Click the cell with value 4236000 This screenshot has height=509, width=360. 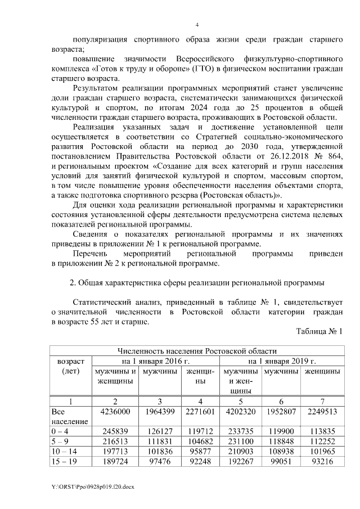[115, 412]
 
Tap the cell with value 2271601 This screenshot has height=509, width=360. [199, 412]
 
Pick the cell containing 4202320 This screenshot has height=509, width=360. [240, 412]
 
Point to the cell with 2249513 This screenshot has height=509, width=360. [322, 412]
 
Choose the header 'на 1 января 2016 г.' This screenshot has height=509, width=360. [155, 361]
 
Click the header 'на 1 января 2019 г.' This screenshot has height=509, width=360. [281, 361]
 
